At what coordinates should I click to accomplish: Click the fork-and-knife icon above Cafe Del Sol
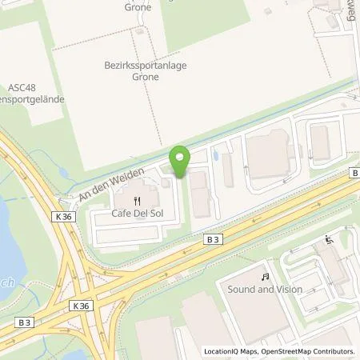[x=138, y=201]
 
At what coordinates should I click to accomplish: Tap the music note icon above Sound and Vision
[x=265, y=276]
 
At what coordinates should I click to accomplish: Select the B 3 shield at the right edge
[x=354, y=172]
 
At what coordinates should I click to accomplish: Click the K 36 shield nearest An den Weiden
[x=63, y=216]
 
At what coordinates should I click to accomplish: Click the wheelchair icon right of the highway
[x=328, y=239]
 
